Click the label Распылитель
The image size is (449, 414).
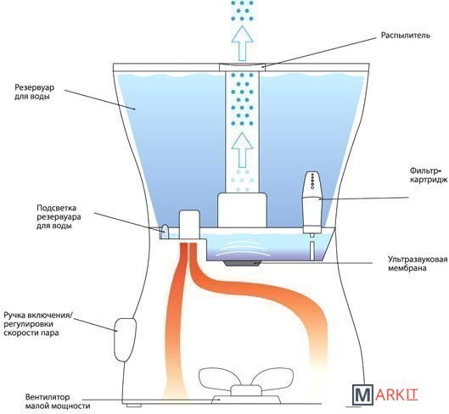click(x=405, y=36)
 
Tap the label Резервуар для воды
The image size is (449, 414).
click(x=34, y=92)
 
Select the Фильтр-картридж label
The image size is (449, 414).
click(x=428, y=176)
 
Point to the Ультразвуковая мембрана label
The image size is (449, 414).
click(x=418, y=263)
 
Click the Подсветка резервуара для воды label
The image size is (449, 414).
click(x=59, y=216)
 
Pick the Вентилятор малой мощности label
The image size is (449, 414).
click(x=57, y=401)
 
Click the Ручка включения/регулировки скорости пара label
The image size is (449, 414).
click(x=38, y=324)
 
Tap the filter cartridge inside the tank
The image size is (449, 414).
click(x=312, y=203)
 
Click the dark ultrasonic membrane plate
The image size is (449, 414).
click(x=242, y=263)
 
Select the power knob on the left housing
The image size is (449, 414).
click(x=125, y=339)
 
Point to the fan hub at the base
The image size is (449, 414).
click(x=245, y=390)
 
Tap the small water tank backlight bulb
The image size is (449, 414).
click(x=166, y=231)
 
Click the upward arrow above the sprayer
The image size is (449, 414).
click(x=242, y=43)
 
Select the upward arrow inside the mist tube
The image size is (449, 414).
click(x=242, y=150)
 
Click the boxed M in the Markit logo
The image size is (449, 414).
click(x=362, y=395)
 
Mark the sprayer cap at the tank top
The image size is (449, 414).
click(x=242, y=67)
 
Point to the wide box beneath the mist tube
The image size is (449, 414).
click(x=242, y=210)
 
